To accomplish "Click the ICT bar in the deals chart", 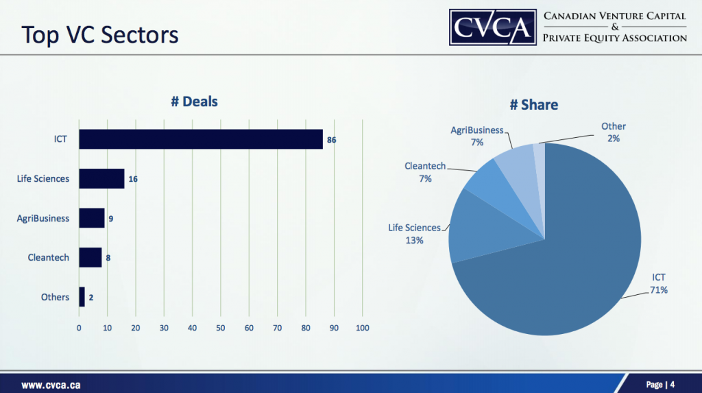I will pos(200,139).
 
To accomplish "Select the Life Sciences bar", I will pos(101,178).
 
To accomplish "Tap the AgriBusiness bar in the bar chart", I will pos(92,218).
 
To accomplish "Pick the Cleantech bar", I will pos(90,258).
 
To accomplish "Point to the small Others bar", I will pos(82,297).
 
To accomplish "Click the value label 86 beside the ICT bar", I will pos(332,140).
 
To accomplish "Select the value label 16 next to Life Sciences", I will pos(133,179).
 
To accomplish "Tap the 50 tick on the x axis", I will pos(221,328).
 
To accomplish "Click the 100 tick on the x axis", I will pos(362,328).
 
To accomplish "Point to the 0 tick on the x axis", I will pos(80,328).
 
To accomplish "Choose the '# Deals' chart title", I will pos(194,102).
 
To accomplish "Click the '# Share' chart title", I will pos(533,105).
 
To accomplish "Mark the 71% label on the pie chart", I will pos(659,290).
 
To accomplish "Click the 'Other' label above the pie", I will pos(614,126).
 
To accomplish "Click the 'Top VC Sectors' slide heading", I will pos(100,34).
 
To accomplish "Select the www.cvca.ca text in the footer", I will pos(51,385).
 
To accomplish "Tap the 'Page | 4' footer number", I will pos(660,384).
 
